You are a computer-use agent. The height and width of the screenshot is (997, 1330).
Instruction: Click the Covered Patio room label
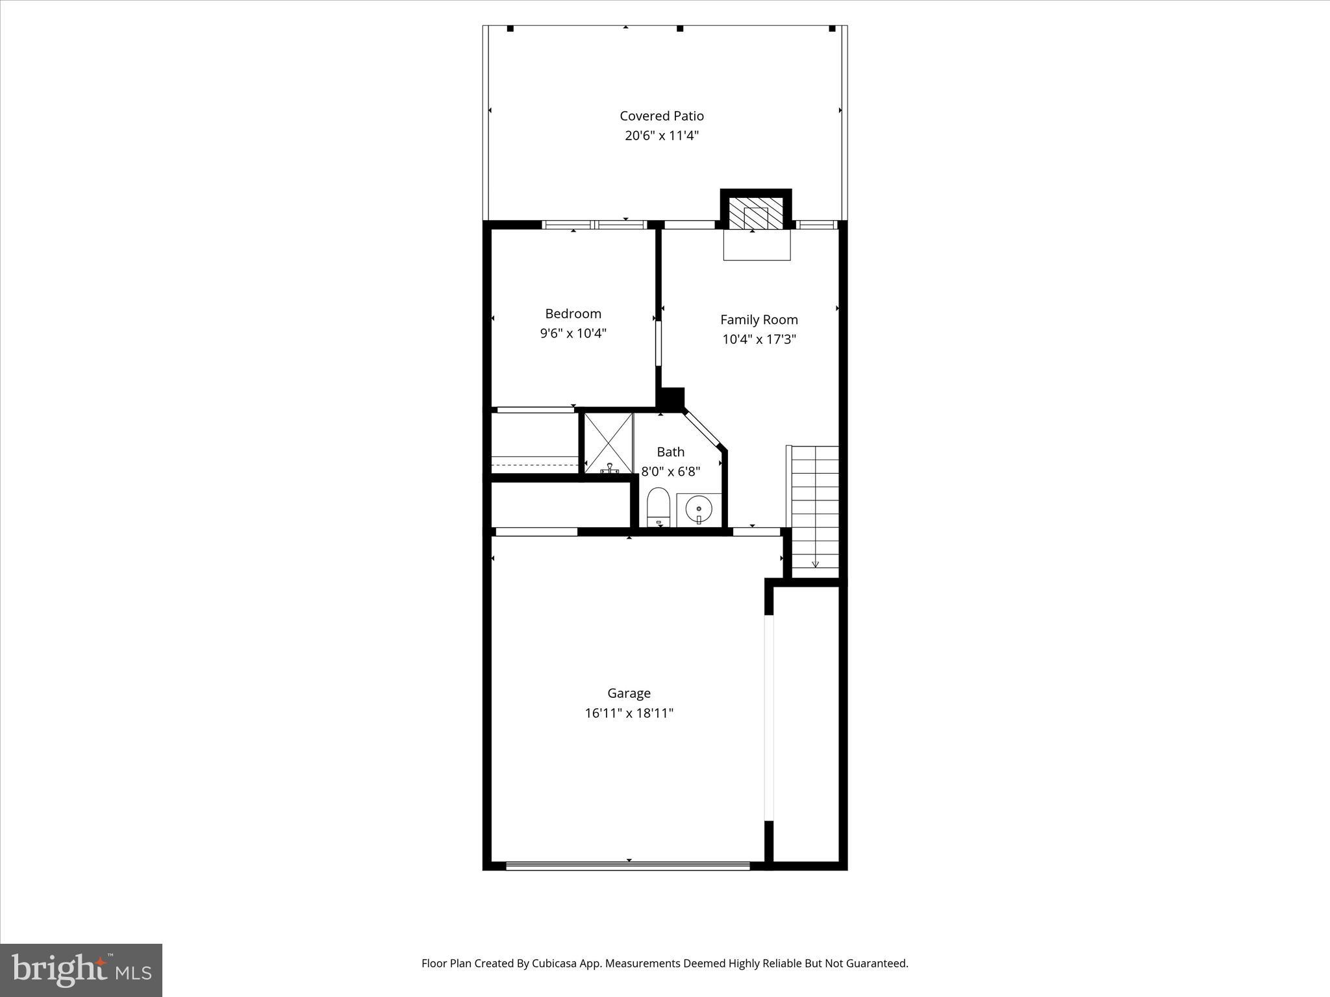(661, 116)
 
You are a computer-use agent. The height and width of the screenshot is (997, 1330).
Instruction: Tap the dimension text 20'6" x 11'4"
(661, 136)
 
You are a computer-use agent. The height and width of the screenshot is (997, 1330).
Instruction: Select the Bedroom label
(573, 314)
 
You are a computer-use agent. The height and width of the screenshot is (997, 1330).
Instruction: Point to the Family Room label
(759, 319)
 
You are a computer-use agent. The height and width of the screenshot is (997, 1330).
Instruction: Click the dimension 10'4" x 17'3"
(759, 339)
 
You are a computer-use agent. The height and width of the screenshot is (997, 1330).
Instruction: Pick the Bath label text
(670, 452)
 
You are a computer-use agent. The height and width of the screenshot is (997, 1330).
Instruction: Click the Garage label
(629, 693)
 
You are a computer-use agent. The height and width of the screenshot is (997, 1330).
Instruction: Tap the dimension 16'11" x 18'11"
(629, 713)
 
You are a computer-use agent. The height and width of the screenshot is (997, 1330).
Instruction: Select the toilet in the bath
(659, 506)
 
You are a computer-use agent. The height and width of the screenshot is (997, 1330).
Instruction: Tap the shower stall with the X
(609, 443)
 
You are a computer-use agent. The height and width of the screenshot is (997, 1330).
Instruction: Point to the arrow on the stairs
(816, 563)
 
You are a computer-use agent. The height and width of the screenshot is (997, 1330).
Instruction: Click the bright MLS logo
(81, 970)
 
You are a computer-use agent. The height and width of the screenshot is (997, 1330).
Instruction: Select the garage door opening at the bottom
(627, 865)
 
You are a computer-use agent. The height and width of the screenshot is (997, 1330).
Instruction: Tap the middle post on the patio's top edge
(680, 29)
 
